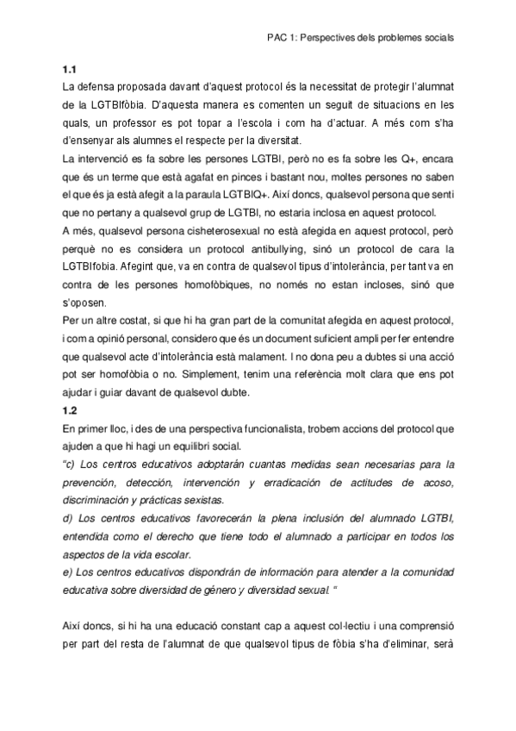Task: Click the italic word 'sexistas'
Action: [x=202, y=500]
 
